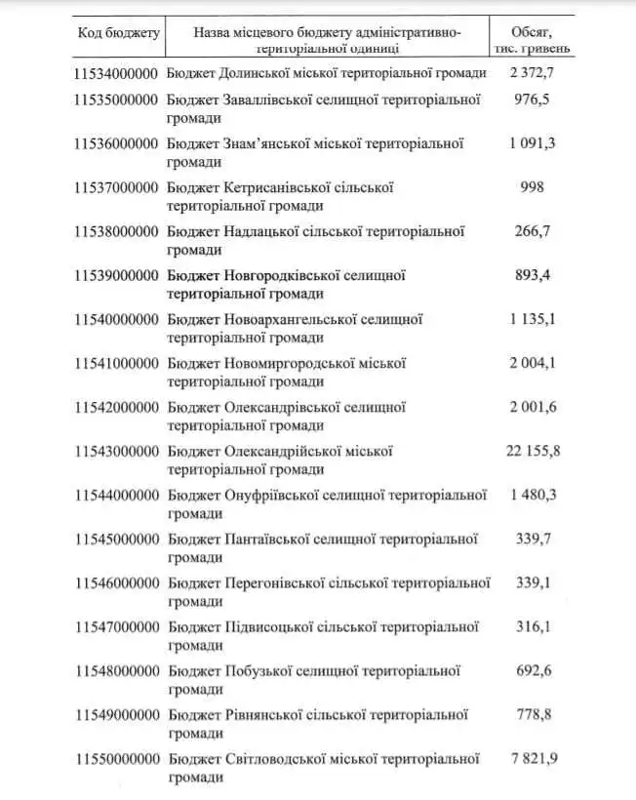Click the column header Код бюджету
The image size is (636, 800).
118,33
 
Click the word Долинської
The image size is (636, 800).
258,73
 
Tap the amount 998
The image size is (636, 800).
533,186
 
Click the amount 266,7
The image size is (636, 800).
533,231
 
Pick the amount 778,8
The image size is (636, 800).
533,714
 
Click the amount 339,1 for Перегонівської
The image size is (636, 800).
533,582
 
